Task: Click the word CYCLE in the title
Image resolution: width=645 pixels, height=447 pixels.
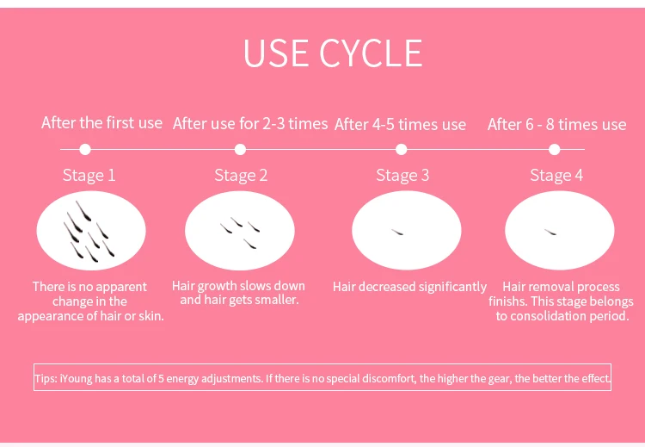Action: click(371, 53)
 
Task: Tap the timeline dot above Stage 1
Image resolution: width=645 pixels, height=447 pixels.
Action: click(85, 149)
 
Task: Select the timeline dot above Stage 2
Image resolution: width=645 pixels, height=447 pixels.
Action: click(240, 149)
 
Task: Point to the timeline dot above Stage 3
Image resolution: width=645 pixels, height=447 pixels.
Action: click(401, 149)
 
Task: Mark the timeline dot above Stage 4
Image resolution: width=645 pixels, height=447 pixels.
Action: click(555, 149)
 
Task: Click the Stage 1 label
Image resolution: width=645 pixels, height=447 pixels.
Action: click(89, 176)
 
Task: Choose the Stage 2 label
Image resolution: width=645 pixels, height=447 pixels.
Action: click(241, 176)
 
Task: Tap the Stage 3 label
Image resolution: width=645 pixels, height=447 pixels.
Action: click(402, 176)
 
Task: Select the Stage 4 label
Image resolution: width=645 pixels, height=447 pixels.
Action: click(556, 176)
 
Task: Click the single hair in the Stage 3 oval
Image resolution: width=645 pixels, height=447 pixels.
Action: click(397, 233)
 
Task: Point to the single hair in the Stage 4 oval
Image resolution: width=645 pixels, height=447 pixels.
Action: click(550, 233)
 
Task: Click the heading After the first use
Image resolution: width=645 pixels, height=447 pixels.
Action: click(101, 123)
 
